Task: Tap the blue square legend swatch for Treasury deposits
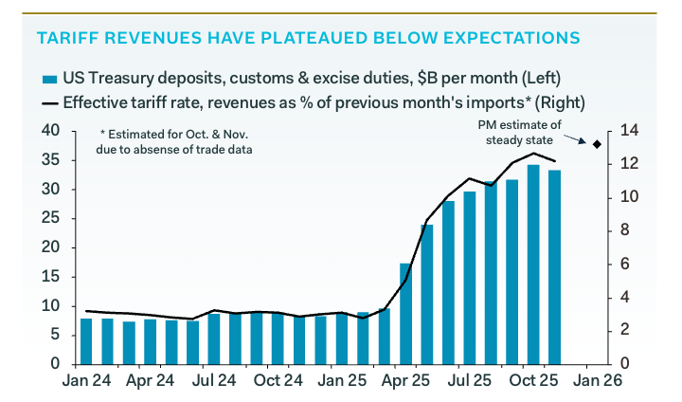click(x=47, y=78)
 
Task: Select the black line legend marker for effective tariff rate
click(x=48, y=101)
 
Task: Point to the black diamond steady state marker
click(x=597, y=144)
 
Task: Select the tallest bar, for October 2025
click(x=533, y=265)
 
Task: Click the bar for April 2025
click(x=406, y=313)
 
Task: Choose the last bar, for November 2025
click(x=554, y=266)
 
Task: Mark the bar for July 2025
click(x=470, y=277)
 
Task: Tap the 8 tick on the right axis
click(x=629, y=230)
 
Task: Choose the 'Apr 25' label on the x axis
click(x=405, y=385)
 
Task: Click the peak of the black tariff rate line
click(x=533, y=154)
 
